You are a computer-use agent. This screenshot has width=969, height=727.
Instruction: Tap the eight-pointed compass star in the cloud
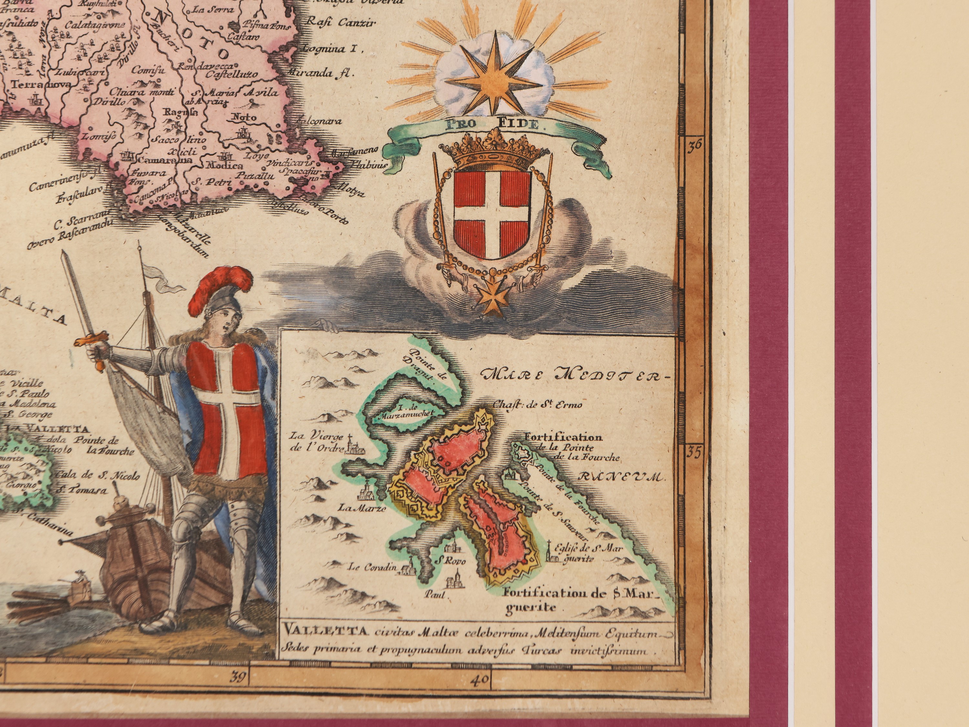coord(496,78)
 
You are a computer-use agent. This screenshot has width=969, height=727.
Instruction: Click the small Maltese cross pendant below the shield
coord(491,298)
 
